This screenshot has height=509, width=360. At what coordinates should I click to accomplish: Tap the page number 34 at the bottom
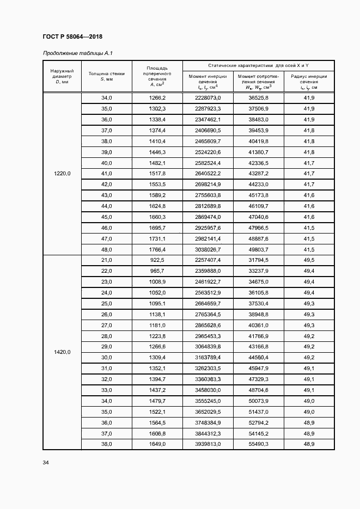(x=46, y=463)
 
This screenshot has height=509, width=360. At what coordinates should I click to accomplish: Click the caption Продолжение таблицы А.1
(x=77, y=53)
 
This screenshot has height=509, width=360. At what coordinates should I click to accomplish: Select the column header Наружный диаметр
(x=62, y=77)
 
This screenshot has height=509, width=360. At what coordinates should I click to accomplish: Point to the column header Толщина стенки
(x=107, y=76)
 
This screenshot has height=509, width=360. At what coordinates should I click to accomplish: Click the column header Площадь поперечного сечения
(x=157, y=76)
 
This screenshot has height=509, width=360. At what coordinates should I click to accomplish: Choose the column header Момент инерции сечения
(x=208, y=82)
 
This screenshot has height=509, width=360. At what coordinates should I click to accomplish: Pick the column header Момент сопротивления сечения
(x=258, y=82)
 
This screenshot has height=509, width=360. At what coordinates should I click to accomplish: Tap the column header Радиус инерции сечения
(x=309, y=82)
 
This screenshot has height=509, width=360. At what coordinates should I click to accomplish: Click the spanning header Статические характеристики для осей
(x=258, y=65)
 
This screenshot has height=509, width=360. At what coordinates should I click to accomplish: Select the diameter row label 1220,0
(x=62, y=174)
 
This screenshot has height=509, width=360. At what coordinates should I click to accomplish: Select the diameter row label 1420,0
(x=62, y=352)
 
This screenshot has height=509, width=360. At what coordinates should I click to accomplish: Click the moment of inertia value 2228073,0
(x=208, y=98)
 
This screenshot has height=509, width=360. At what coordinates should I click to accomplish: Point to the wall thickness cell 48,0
(x=107, y=249)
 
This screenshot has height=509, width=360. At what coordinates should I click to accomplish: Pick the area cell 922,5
(x=157, y=260)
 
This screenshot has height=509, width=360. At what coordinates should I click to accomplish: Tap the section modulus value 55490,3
(x=258, y=444)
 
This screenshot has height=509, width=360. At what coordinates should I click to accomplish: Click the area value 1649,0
(x=157, y=444)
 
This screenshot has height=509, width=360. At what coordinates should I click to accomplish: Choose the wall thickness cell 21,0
(x=107, y=260)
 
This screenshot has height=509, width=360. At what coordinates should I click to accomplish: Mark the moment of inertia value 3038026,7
(x=208, y=249)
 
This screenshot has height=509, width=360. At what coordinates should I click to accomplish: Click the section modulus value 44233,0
(x=258, y=185)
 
